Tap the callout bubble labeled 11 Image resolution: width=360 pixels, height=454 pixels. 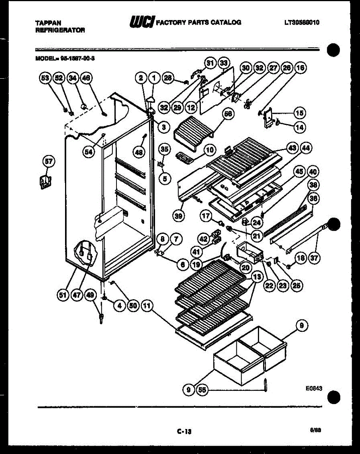147,306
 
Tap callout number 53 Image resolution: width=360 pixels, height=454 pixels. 45,78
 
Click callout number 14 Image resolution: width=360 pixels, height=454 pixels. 299,127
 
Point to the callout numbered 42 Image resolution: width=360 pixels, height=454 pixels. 204,239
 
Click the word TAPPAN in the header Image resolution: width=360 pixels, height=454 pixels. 45,23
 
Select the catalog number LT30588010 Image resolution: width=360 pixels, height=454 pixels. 302,22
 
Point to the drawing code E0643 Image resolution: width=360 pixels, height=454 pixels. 314,388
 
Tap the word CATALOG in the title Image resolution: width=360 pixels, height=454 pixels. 226,22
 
